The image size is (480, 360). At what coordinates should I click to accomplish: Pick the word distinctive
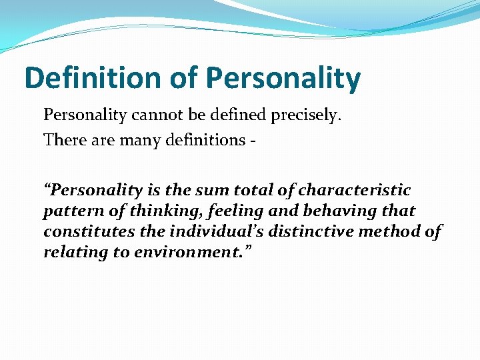pos(313,231)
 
